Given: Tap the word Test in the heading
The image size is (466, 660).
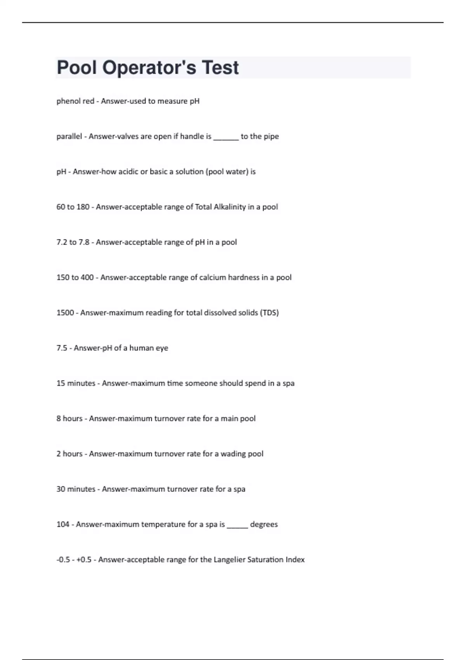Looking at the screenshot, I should point(220,68).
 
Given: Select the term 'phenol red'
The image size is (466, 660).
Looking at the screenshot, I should point(75,101).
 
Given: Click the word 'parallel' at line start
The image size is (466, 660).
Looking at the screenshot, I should point(69,137).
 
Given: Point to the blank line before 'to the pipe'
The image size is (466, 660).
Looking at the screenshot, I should point(226,138).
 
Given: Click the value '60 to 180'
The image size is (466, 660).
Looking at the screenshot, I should point(73,207).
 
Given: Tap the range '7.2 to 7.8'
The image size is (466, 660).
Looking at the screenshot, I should point(73,242).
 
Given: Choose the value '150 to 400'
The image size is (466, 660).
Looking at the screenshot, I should point(75,278).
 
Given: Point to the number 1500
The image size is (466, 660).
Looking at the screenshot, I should point(65,313).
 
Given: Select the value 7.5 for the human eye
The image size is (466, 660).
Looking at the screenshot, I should point(62,348).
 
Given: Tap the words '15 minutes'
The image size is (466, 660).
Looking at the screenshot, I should point(76,384).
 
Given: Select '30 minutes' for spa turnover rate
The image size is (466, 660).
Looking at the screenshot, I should point(76,489).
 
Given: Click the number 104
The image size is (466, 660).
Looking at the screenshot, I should point(63,525).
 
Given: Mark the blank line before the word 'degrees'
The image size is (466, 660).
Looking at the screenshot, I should point(237,526).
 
